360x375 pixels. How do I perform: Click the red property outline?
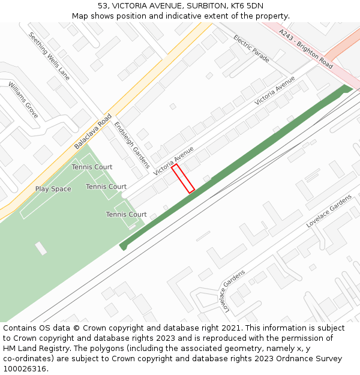coord(183,179)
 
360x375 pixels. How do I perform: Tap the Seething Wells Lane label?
coord(49,56)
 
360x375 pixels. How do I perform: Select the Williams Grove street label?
coord(23,100)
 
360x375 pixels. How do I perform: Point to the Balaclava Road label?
coord(93,131)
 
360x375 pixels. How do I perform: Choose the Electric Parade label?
coord(251,49)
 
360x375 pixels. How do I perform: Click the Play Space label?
coord(53,189)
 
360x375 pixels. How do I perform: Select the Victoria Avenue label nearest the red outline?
coord(173,160)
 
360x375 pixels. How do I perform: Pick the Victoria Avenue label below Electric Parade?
coord(275,91)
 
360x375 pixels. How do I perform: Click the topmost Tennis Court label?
coord(92,167)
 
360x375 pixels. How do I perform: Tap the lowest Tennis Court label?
coord(126,214)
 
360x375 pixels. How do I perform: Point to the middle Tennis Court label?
coord(106,187)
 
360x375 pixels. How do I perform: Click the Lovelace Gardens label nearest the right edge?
coord(329,211)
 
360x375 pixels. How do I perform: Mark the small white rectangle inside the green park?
coord(41,248)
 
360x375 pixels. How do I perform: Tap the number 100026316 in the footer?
coord(25,369)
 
